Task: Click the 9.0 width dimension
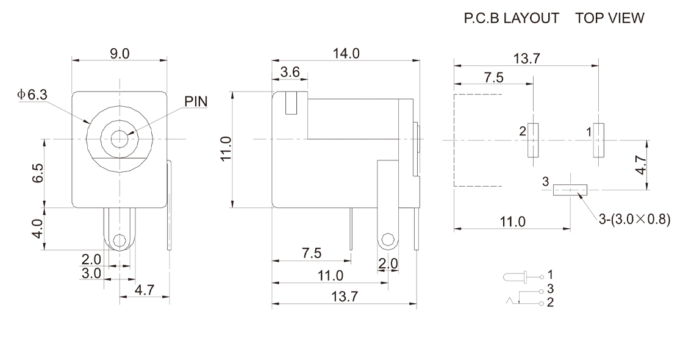point(120,54)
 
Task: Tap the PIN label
point(196,101)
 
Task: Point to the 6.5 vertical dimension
point(38,173)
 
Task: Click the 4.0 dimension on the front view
point(38,228)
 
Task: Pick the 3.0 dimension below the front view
point(91,273)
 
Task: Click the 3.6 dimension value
point(290,71)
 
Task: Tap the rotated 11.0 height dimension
point(226,149)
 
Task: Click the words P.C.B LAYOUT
point(512,18)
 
